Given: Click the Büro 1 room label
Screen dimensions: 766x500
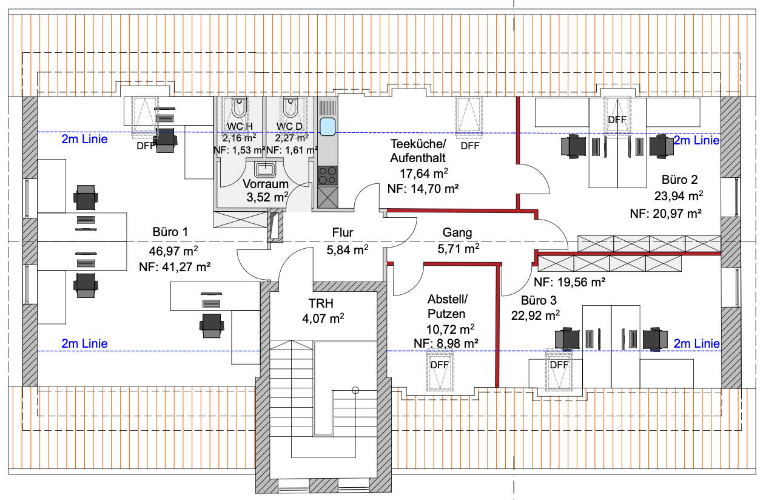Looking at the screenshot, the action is pos(170,232).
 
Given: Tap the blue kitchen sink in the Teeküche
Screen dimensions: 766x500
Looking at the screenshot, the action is pos(328,126).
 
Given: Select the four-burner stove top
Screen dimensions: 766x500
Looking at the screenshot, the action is pos(328,175).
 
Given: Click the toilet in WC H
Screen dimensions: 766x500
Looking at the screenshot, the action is pos(239,107).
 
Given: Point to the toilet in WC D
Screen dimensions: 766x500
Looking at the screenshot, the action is pos(291,107).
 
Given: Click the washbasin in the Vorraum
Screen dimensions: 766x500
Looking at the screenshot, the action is pos(264,169).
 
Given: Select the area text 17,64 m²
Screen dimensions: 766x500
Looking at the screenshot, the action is pos(424,173).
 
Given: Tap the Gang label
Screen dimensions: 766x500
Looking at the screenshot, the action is pos(457,232).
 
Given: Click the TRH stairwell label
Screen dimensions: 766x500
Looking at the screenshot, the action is pos(321,303).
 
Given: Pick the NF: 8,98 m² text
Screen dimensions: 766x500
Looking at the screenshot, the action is pos(446,343).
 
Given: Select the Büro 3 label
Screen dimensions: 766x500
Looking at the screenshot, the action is pos(539,300).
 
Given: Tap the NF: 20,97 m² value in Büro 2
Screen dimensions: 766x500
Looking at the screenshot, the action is pos(665,214).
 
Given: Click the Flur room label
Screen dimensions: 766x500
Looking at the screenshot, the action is pos(342,232).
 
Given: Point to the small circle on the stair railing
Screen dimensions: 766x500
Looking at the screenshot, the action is pos(355,390).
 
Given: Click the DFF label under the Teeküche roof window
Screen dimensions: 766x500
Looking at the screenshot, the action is pos(470,146).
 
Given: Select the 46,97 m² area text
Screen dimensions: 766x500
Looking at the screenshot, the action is pos(173,251).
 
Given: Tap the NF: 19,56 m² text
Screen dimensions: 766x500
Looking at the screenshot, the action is pos(569,282).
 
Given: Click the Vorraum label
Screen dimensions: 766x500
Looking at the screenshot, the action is pos(266,184).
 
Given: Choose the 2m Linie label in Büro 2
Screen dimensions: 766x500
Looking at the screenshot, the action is pos(696,140).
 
